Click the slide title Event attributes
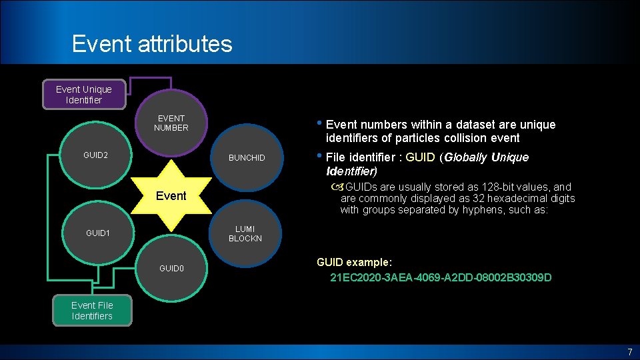click(x=152, y=44)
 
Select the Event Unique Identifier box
click(x=84, y=95)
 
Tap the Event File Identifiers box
click(x=92, y=311)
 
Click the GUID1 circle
click(x=97, y=234)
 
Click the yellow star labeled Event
click(x=171, y=196)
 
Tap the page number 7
click(x=629, y=352)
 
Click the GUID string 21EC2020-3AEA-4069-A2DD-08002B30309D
click(x=441, y=277)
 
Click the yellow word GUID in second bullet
click(x=420, y=157)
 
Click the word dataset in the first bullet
click(x=463, y=125)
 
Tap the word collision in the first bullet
click(x=466, y=138)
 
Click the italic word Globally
click(x=465, y=157)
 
